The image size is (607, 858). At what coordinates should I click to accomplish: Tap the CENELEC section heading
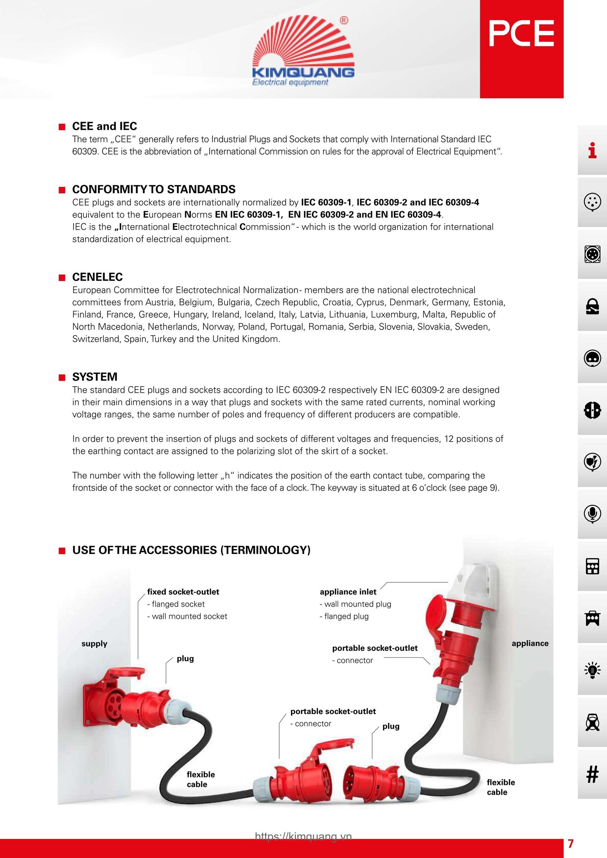click(x=97, y=277)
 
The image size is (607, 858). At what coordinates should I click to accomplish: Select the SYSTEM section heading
click(x=95, y=377)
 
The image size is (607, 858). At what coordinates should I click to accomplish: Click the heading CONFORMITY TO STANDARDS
click(x=154, y=190)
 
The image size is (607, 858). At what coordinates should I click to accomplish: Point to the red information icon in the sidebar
click(x=592, y=151)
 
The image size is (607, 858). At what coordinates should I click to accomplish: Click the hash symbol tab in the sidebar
click(x=592, y=774)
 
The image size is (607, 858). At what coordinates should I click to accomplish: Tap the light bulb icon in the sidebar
click(x=592, y=670)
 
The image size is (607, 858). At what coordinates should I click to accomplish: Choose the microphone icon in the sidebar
click(x=592, y=514)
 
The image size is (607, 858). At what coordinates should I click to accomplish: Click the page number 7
click(x=570, y=844)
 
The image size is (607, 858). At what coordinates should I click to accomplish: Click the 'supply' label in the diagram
click(x=94, y=643)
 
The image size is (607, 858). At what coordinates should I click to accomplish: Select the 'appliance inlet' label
click(x=348, y=592)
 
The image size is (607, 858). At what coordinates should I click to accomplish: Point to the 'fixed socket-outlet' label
click(x=183, y=592)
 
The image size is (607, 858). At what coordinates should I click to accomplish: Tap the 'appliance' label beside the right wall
click(x=530, y=643)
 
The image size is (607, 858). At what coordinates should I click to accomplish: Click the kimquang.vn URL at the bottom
click(x=303, y=836)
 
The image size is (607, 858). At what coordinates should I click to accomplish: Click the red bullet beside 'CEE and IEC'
click(x=62, y=127)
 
